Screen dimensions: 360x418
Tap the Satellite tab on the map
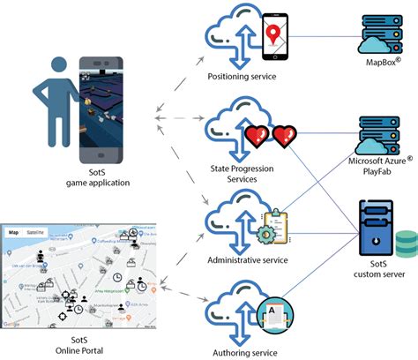[x=35, y=232]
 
